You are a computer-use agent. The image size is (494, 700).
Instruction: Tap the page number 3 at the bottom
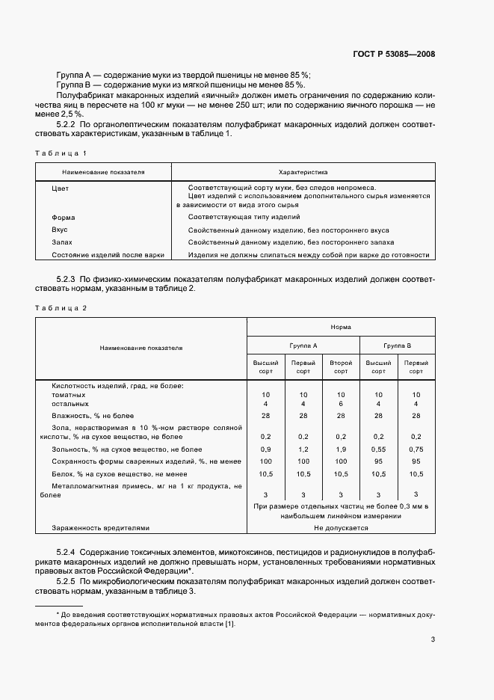click(433, 639)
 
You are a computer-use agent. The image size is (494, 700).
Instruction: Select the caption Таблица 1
click(61, 153)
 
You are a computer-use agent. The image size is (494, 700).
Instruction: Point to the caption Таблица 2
click(61, 308)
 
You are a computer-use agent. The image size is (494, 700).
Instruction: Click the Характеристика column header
click(303, 172)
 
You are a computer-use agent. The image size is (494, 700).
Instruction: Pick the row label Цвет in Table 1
click(61, 188)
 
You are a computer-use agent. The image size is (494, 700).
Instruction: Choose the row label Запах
click(63, 242)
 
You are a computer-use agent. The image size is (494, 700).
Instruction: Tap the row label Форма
click(64, 217)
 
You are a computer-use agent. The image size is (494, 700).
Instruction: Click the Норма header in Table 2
click(341, 327)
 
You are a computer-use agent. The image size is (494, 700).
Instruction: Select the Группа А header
click(303, 346)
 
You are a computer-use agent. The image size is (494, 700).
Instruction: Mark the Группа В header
click(398, 346)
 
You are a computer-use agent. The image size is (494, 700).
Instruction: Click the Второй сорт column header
click(341, 366)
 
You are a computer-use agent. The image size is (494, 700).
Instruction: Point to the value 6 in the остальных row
click(341, 404)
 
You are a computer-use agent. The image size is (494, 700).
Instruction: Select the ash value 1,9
click(341, 449)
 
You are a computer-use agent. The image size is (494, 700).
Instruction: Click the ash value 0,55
click(379, 449)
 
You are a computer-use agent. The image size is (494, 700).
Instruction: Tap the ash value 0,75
click(416, 449)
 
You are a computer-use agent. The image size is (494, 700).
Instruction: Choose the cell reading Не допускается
click(341, 527)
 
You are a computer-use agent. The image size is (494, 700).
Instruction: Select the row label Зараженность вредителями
click(101, 527)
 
